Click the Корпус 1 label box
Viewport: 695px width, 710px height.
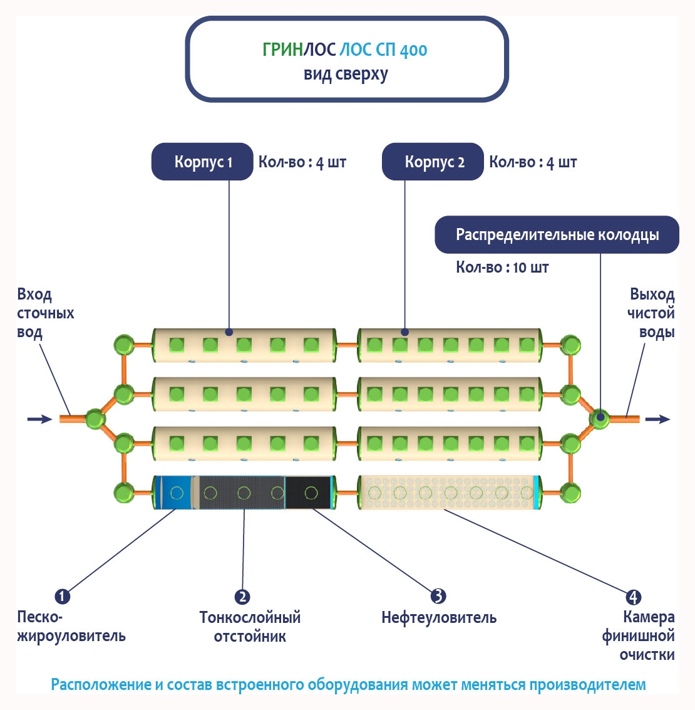[202, 162]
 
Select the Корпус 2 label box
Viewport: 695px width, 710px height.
[433, 162]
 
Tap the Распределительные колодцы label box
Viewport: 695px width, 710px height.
[557, 235]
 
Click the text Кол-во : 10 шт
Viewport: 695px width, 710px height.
[502, 268]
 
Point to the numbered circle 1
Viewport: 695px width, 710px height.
[62, 596]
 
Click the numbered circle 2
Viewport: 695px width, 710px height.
[242, 597]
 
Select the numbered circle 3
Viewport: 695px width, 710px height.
[438, 596]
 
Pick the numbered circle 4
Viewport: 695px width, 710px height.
[633, 597]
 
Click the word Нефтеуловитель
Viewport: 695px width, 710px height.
[439, 618]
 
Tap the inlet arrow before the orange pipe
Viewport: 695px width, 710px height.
[39, 419]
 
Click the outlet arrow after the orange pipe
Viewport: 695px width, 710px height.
[657, 419]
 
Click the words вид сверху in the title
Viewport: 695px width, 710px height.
[346, 74]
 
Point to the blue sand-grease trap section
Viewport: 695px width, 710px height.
[172, 493]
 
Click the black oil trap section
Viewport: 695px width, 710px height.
[308, 493]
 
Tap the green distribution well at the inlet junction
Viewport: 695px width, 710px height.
[95, 419]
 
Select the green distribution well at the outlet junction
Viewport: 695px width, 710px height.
[599, 418]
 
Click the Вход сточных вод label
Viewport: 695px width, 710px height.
[45, 313]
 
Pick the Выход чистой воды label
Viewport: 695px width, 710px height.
[651, 313]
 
